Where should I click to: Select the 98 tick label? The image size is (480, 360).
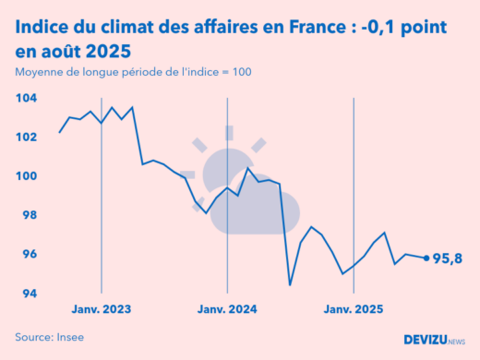click(28, 215)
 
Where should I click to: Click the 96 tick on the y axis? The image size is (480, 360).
click(28, 255)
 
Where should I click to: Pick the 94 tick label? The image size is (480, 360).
click(28, 294)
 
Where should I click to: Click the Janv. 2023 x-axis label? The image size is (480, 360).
click(101, 309)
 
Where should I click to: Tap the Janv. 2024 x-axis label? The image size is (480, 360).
click(227, 309)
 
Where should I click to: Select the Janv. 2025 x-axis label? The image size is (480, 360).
click(354, 309)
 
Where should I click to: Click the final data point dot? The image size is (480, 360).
click(426, 258)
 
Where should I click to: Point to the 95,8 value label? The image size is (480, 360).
click(449, 258)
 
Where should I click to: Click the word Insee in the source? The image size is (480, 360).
click(69, 337)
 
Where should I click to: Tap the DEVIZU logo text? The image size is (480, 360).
click(426, 340)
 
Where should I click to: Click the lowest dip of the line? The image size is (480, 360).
click(291, 284)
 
